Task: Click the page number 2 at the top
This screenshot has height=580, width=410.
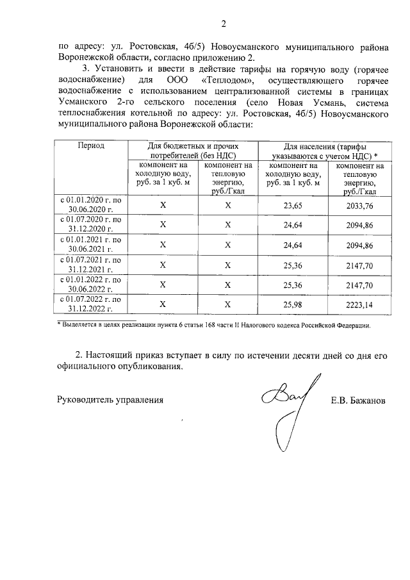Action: [224, 25]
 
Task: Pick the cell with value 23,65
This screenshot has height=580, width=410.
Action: [292, 206]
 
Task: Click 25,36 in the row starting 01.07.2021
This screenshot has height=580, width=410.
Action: [292, 265]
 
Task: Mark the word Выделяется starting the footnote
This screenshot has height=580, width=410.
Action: [79, 326]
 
